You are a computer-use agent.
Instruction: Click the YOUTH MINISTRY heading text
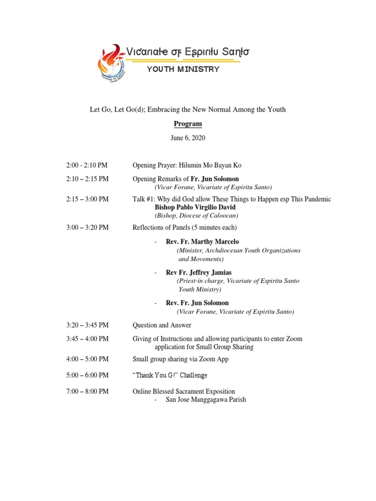pos(183,69)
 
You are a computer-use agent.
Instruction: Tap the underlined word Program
pos(188,124)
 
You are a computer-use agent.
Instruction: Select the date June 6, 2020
pos(188,138)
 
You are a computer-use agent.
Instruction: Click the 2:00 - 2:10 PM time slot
pos(87,165)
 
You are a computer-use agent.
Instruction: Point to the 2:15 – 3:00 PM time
pos(88,199)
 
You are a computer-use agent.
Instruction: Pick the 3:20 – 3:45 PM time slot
pos(88,325)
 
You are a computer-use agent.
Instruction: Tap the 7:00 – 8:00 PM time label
pos(88,391)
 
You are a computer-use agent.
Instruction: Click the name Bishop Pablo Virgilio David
pos(195,207)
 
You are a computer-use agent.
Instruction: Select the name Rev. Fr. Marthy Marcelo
pos(202,242)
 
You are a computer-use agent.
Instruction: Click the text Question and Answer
pos(162,325)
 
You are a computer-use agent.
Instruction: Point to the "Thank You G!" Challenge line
pos(170,375)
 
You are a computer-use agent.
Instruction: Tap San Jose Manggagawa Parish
pos(206,400)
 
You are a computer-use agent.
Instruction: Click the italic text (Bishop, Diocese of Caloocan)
pos(196,216)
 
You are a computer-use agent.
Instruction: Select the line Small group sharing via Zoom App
pos(181,359)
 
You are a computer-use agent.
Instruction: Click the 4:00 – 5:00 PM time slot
pos(88,359)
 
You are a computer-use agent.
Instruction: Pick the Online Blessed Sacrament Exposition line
pos(184,391)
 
